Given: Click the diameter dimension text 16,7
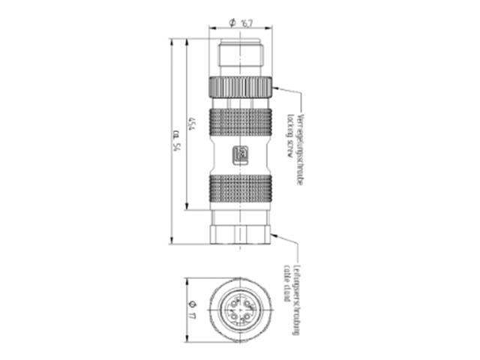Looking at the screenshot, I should click(245, 23).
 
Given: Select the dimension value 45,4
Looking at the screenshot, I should click(193, 124).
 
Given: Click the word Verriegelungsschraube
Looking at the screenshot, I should click(301, 148).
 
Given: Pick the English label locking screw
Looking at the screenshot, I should click(289, 136).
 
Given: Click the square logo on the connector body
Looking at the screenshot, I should click(241, 154).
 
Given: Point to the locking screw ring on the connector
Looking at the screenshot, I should click(241, 85).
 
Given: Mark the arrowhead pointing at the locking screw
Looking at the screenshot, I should click(275, 88).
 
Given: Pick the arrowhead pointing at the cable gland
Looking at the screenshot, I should click(276, 235).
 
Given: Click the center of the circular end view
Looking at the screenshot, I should click(241, 310).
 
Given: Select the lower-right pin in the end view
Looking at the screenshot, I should click(248, 317).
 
